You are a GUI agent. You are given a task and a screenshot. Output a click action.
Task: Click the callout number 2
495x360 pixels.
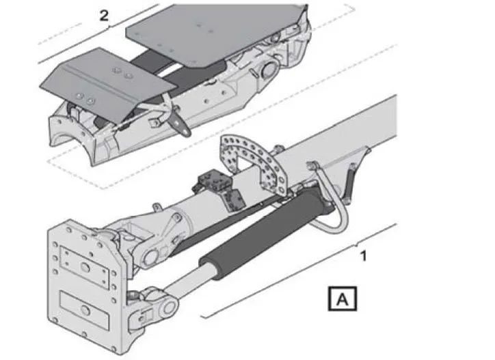click(104, 16)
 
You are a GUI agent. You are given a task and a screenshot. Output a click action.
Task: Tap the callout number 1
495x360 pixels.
click(364, 256)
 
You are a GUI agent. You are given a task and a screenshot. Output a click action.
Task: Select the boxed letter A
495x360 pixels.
click(343, 299)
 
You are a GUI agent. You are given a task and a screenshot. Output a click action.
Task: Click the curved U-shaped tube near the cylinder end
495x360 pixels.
click(332, 205)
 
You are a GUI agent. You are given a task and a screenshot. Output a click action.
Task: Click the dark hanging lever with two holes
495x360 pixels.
click(179, 124)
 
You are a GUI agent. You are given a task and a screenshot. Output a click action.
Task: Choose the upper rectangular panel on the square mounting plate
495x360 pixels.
click(84, 268)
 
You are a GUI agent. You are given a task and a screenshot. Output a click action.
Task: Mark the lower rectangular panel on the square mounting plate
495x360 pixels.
click(84, 310)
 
